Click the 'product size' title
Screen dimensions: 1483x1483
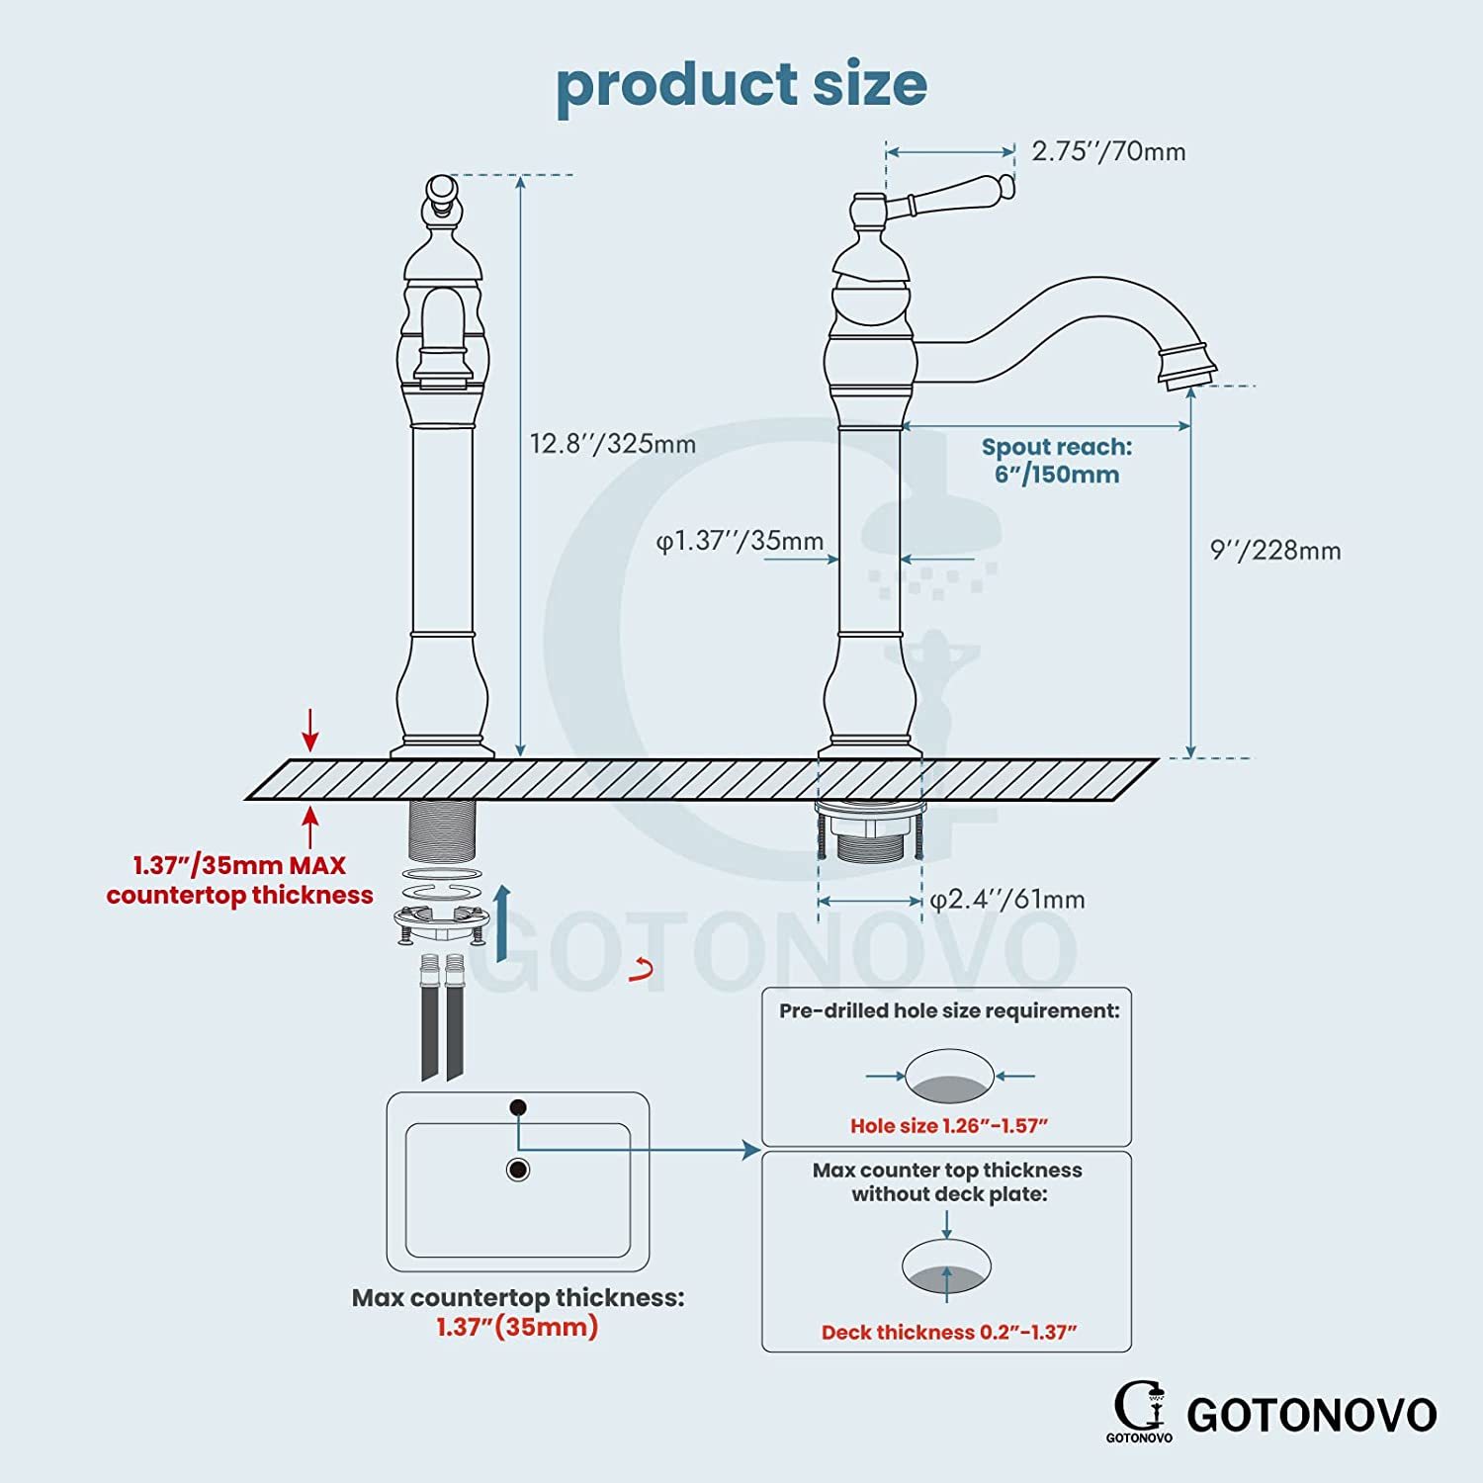tap(741, 86)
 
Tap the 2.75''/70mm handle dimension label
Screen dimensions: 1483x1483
tap(1108, 151)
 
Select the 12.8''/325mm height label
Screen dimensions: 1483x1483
tap(613, 443)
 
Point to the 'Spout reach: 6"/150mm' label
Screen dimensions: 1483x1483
tap(1057, 461)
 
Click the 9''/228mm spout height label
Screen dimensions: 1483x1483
tap(1275, 550)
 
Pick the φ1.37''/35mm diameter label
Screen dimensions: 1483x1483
tap(741, 541)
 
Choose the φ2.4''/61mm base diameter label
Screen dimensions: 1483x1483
tap(1007, 900)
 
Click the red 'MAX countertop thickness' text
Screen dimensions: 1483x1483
tap(240, 880)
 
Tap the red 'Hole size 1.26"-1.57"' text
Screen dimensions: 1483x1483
tap(949, 1126)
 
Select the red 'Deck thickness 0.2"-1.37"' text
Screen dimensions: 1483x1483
tap(949, 1333)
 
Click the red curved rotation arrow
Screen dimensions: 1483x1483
tap(643, 970)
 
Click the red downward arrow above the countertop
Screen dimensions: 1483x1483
tap(311, 730)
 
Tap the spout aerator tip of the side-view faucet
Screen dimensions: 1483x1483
tap(1187, 366)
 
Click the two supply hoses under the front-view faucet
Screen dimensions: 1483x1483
tap(442, 1017)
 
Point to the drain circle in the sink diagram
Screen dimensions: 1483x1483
tap(517, 1170)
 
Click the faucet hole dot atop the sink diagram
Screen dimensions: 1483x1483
tap(517, 1107)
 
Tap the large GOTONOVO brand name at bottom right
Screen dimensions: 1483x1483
tap(1312, 1415)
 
